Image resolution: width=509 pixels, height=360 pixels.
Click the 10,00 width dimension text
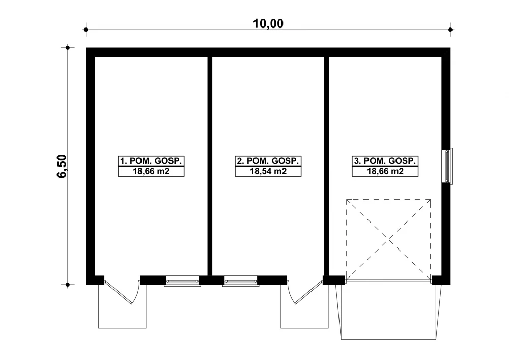pyautogui.click(x=268, y=24)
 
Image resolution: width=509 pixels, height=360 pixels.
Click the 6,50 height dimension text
pyautogui.click(x=62, y=166)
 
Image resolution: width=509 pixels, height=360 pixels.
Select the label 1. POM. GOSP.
pyautogui.click(x=151, y=161)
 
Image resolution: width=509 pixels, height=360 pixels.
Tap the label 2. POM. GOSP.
pyautogui.click(x=268, y=161)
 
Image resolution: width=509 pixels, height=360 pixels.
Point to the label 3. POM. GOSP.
pyautogui.click(x=385, y=161)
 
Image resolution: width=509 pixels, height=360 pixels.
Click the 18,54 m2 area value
pyautogui.click(x=268, y=171)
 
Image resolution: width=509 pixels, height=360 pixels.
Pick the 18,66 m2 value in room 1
pyautogui.click(x=151, y=171)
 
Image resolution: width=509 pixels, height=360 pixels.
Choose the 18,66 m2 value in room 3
pyautogui.click(x=385, y=171)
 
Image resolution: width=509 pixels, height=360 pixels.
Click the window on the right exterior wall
pyautogui.click(x=447, y=166)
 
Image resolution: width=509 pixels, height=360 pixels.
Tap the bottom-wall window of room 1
pyautogui.click(x=182, y=281)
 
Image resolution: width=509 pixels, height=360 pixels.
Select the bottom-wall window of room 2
pyautogui.click(x=241, y=281)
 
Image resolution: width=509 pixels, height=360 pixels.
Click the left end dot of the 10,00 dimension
pyautogui.click(x=86, y=30)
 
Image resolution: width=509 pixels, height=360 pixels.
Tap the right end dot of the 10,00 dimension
pyautogui.click(x=450, y=30)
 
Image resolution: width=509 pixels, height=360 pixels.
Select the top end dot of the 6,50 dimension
pyautogui.click(x=68, y=48)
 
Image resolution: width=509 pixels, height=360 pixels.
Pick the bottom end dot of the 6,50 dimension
pyautogui.click(x=68, y=285)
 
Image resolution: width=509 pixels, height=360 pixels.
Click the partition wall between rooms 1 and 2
pyautogui.click(x=210, y=166)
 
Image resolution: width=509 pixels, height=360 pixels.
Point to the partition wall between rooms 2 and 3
pyautogui.click(x=327, y=166)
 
